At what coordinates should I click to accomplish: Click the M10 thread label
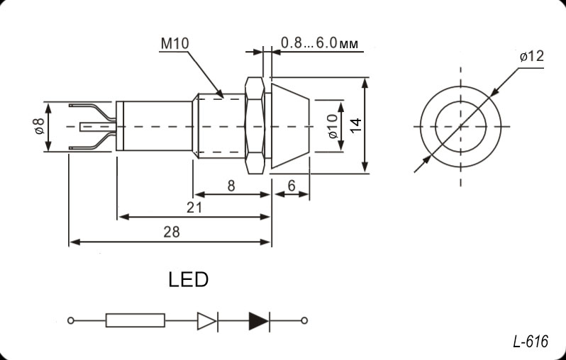[174, 44]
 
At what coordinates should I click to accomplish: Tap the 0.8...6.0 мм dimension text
[318, 43]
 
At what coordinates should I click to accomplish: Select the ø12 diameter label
[531, 57]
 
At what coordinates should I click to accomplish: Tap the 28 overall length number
[171, 232]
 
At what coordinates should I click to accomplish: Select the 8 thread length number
[231, 185]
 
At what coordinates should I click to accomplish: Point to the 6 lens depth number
[292, 185]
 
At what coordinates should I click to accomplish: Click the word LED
[189, 280]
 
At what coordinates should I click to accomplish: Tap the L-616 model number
[530, 342]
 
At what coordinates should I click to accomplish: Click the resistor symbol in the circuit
[135, 320]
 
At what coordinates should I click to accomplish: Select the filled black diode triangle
[258, 320]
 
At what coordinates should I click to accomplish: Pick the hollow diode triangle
[206, 320]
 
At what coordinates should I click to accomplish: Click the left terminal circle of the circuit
[70, 320]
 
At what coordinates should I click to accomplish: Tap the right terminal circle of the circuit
[304, 320]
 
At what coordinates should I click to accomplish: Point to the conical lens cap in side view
[289, 126]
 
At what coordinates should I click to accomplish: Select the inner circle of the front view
[460, 126]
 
